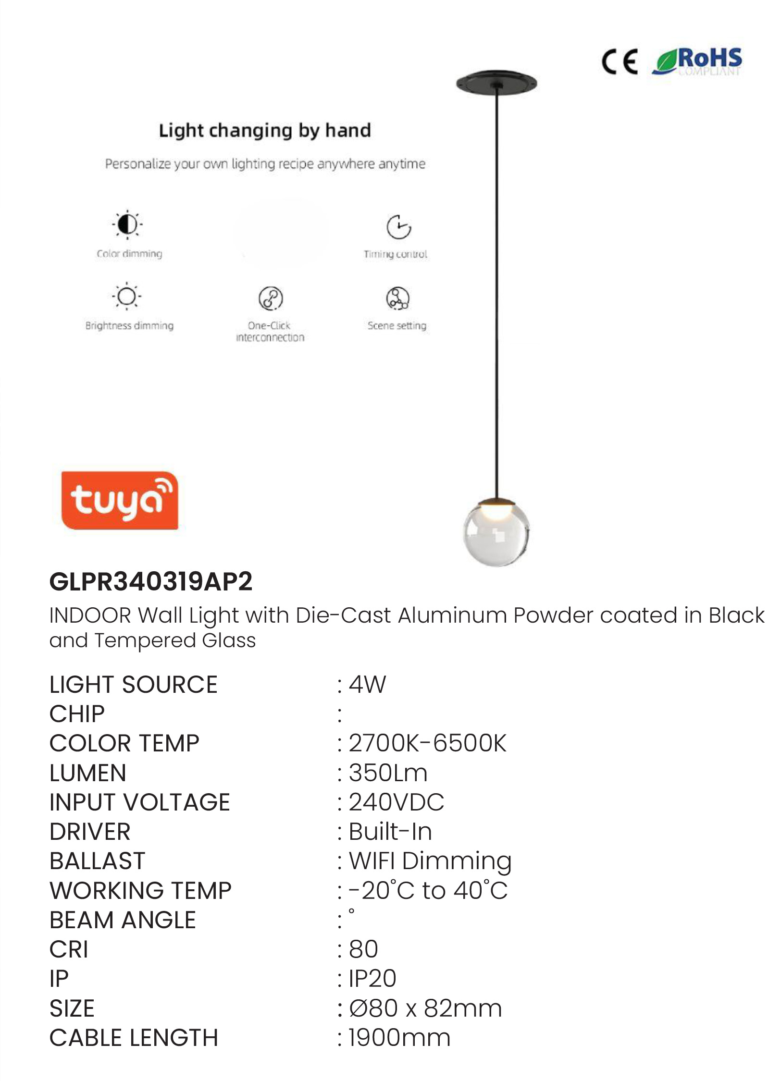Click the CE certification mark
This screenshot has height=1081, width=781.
(620, 61)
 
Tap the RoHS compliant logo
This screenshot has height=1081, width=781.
(697, 61)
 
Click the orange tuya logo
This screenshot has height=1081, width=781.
(120, 500)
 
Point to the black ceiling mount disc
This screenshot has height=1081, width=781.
(496, 83)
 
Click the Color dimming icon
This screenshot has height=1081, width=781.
(127, 224)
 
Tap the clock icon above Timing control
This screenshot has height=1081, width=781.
(398, 227)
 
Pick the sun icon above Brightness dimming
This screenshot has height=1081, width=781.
(127, 296)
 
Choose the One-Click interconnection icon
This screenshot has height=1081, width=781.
(271, 298)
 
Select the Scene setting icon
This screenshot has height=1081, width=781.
(398, 298)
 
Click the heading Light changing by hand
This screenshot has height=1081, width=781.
(265, 131)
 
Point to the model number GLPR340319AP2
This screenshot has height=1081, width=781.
(151, 581)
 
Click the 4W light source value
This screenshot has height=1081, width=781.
(367, 684)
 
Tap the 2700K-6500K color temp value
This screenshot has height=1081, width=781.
(427, 743)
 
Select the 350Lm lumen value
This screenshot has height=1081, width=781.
(388, 773)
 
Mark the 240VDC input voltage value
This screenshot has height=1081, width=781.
(397, 802)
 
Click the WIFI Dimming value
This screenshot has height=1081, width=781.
(430, 861)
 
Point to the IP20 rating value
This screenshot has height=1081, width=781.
(372, 979)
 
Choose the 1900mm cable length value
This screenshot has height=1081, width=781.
(399, 1038)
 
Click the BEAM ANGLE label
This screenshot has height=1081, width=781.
(123, 920)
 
